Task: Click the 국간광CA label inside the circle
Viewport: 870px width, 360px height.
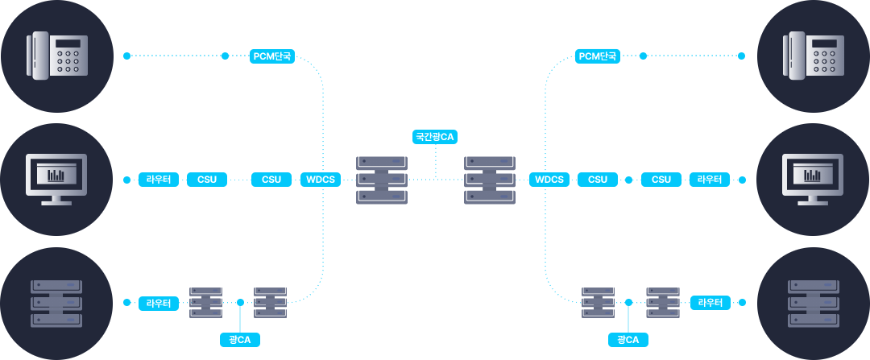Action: [435, 137]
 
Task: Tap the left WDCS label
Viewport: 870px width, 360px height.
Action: [321, 179]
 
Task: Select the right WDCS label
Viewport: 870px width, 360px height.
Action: [549, 179]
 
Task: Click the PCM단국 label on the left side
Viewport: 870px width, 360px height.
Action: [272, 56]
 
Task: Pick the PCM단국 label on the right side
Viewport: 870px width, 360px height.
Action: [598, 56]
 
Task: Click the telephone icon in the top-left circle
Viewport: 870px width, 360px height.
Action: [56, 56]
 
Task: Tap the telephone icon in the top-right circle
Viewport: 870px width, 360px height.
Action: [813, 56]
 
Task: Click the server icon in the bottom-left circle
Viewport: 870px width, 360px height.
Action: [56, 303]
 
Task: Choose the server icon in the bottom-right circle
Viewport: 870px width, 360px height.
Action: [813, 303]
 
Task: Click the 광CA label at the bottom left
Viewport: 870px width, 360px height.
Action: [240, 340]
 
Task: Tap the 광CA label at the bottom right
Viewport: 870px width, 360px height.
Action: [628, 340]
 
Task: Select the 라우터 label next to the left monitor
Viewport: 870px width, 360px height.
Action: [159, 179]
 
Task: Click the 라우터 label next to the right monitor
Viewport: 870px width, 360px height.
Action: [710, 179]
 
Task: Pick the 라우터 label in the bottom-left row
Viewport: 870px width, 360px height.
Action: [159, 303]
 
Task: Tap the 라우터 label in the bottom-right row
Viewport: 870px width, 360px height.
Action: [710, 303]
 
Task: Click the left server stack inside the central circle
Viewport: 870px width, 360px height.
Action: [382, 180]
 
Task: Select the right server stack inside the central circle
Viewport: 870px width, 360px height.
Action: [490, 180]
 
